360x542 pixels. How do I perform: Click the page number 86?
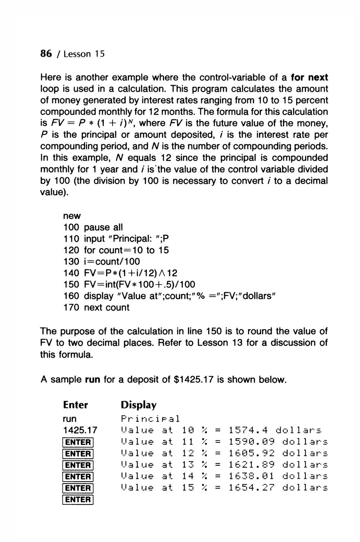click(46, 53)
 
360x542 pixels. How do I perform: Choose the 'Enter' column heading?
click(75, 405)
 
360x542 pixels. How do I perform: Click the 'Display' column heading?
click(139, 405)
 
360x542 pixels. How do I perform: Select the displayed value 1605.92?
click(251, 453)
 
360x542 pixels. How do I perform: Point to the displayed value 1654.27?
click(251, 488)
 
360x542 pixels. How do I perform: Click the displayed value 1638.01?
click(251, 476)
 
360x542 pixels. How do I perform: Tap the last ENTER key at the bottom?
click(78, 499)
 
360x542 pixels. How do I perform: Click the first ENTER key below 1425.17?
click(78, 442)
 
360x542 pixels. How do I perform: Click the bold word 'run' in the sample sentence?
click(93, 380)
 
